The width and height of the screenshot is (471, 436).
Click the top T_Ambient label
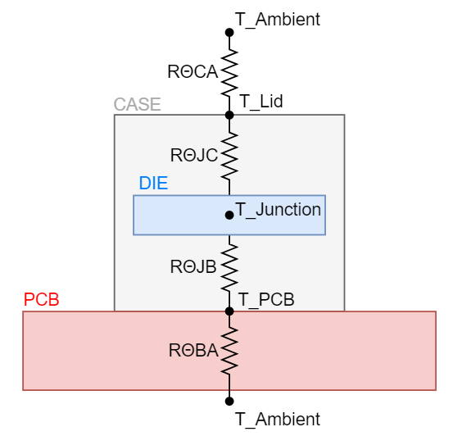tap(278, 19)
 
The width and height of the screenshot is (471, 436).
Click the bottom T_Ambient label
tap(278, 420)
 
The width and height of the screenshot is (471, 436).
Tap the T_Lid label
tap(260, 102)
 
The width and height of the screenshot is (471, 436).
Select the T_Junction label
tap(278, 210)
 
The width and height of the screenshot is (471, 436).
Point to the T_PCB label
tap(266, 299)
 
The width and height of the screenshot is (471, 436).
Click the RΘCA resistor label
tap(192, 71)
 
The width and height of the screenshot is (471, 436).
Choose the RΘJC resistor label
tap(194, 154)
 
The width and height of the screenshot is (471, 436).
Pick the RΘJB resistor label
tap(194, 266)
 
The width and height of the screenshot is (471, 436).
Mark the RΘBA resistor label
tap(193, 351)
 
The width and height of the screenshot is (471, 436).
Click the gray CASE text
tap(137, 105)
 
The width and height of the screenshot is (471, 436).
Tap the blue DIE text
tap(153, 184)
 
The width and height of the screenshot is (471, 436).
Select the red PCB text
tap(42, 299)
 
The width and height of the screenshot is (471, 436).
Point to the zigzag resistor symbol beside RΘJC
tap(229, 153)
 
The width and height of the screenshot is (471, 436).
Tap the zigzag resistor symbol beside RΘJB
tap(229, 266)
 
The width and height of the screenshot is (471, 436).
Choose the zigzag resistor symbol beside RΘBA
tap(229, 350)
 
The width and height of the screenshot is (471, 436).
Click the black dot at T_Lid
tap(229, 115)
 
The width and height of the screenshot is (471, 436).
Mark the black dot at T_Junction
tap(229, 215)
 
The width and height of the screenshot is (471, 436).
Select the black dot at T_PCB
tap(229, 311)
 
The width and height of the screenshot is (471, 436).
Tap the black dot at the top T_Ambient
tap(229, 33)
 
